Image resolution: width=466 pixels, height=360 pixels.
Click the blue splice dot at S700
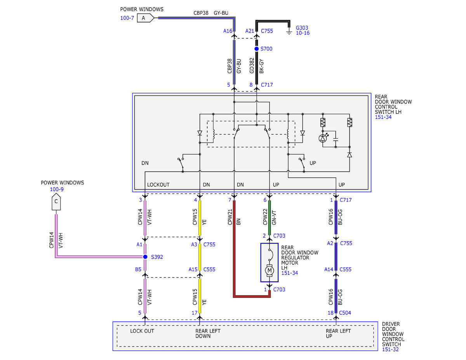pyautogui.click(x=256, y=49)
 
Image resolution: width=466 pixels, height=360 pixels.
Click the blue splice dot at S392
pyautogui.click(x=145, y=257)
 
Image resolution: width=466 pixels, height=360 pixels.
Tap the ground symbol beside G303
pyautogui.click(x=289, y=32)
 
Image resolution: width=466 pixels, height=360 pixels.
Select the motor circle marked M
pyautogui.click(x=270, y=271)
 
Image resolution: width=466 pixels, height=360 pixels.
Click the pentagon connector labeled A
pyautogui.click(x=145, y=18)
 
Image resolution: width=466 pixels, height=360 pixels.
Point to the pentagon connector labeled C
pyautogui.click(x=56, y=202)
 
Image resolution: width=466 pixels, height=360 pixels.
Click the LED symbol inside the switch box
pyautogui.click(x=323, y=138)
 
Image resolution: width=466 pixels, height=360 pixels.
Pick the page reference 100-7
pyautogui.click(x=127, y=18)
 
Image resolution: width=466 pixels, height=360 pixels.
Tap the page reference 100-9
pyautogui.click(x=57, y=190)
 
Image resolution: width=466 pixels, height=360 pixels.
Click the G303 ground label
pyautogui.click(x=302, y=28)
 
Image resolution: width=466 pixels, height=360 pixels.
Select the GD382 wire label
pyautogui.click(x=252, y=65)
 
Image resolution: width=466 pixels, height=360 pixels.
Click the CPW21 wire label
pyautogui.click(x=230, y=217)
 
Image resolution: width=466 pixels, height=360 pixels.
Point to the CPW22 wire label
pyautogui.click(x=265, y=217)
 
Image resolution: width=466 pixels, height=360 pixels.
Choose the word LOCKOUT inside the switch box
pyautogui.click(x=158, y=184)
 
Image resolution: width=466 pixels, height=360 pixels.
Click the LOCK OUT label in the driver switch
pyautogui.click(x=142, y=331)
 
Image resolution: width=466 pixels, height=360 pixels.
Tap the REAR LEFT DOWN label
pyautogui.click(x=208, y=334)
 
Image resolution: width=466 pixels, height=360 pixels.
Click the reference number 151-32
pyautogui.click(x=390, y=349)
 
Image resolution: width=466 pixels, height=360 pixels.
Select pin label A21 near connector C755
pyautogui.click(x=250, y=31)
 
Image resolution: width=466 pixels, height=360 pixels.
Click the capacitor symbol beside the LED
pyautogui.click(x=336, y=139)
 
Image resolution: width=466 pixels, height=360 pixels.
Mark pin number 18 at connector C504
pyautogui.click(x=330, y=313)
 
